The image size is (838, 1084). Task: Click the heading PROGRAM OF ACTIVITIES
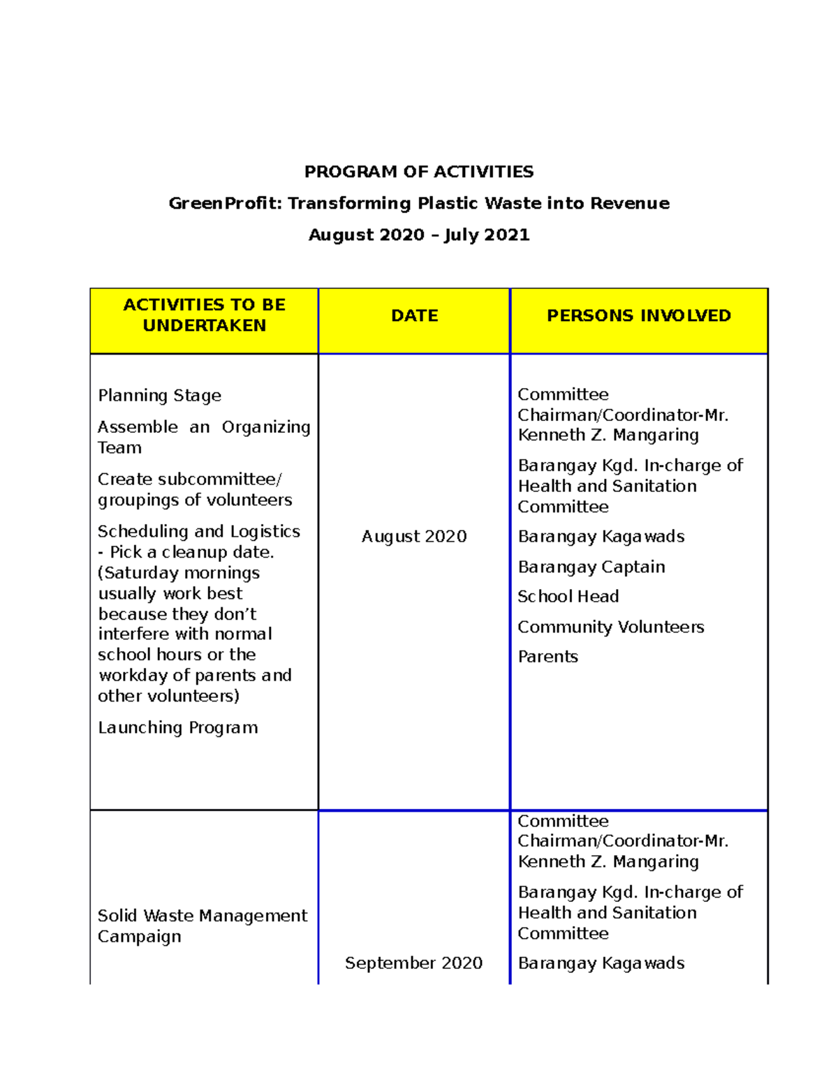[418, 172]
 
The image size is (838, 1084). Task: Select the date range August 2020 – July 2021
[418, 235]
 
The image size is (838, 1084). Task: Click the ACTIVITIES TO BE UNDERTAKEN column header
[204, 315]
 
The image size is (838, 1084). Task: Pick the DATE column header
[414, 315]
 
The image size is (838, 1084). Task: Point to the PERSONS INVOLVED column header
[638, 315]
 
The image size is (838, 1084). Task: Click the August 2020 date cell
[413, 536]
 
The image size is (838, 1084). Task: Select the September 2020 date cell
[413, 963]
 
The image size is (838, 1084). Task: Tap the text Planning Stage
[159, 395]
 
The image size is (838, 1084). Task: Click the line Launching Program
[177, 727]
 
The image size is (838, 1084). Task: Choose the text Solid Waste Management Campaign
[202, 926]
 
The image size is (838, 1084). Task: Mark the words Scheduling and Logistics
[198, 531]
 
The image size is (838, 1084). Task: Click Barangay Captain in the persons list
[591, 567]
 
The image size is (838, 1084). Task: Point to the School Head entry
[568, 596]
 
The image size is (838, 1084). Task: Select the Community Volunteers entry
[610, 627]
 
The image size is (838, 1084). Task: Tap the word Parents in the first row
[547, 656]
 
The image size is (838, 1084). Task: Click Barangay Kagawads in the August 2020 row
[601, 536]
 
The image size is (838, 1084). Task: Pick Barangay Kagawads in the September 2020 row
[601, 963]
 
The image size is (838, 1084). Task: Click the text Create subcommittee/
[189, 479]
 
